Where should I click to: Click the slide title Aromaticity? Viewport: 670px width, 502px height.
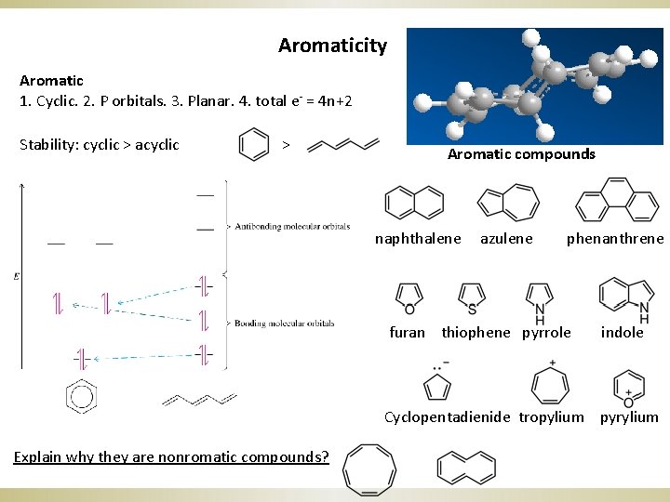pyautogui.click(x=332, y=45)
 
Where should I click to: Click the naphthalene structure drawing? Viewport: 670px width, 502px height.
pyautogui.click(x=414, y=202)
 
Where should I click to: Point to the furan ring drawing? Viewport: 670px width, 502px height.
pyautogui.click(x=408, y=297)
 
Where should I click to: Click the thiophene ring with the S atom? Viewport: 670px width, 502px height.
pyautogui.click(x=472, y=297)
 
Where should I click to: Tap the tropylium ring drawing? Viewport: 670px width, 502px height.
pyautogui.click(x=551, y=383)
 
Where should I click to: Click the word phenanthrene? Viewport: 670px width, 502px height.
pyautogui.click(x=615, y=239)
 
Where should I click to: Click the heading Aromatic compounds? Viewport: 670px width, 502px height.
pyautogui.click(x=521, y=154)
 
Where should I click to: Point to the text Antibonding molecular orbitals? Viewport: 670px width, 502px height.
pyautogui.click(x=292, y=226)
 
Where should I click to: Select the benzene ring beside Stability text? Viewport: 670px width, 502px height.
pyautogui.click(x=254, y=146)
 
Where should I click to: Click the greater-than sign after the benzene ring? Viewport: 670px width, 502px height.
pyautogui.click(x=286, y=145)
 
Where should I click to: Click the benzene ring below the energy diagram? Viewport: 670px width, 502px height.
pyautogui.click(x=81, y=397)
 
